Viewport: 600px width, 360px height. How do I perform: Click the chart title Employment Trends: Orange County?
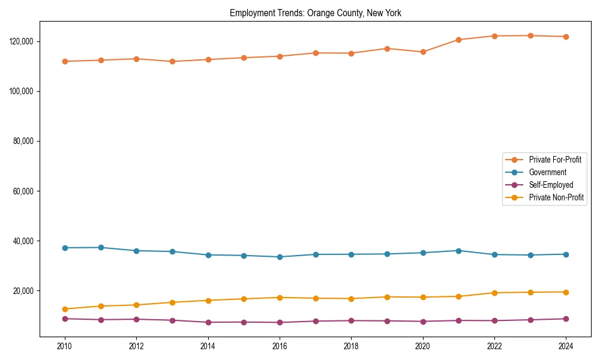point(315,13)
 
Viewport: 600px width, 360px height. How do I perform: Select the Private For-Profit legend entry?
point(555,160)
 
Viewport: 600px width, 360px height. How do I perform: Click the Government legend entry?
point(547,172)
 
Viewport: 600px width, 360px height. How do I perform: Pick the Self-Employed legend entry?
point(551,185)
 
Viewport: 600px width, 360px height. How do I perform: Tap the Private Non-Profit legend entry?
point(556,197)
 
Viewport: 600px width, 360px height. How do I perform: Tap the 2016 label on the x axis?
point(280,346)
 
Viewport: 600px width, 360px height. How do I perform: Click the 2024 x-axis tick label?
point(566,346)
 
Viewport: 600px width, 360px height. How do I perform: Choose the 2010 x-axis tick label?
point(65,346)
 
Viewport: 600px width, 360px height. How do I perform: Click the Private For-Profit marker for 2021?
point(458,40)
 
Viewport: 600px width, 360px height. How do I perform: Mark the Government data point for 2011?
point(101,247)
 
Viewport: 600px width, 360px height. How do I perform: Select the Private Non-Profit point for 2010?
point(65,309)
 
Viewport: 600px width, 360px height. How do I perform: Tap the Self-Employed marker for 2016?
point(280,322)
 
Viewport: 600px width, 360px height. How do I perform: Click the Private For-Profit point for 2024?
point(566,37)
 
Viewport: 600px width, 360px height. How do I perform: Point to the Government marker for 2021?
point(458,251)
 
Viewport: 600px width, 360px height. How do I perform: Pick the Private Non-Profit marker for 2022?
point(494,293)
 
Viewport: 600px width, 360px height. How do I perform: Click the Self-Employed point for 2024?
point(566,319)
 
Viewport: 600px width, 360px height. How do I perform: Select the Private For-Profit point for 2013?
point(172,61)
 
